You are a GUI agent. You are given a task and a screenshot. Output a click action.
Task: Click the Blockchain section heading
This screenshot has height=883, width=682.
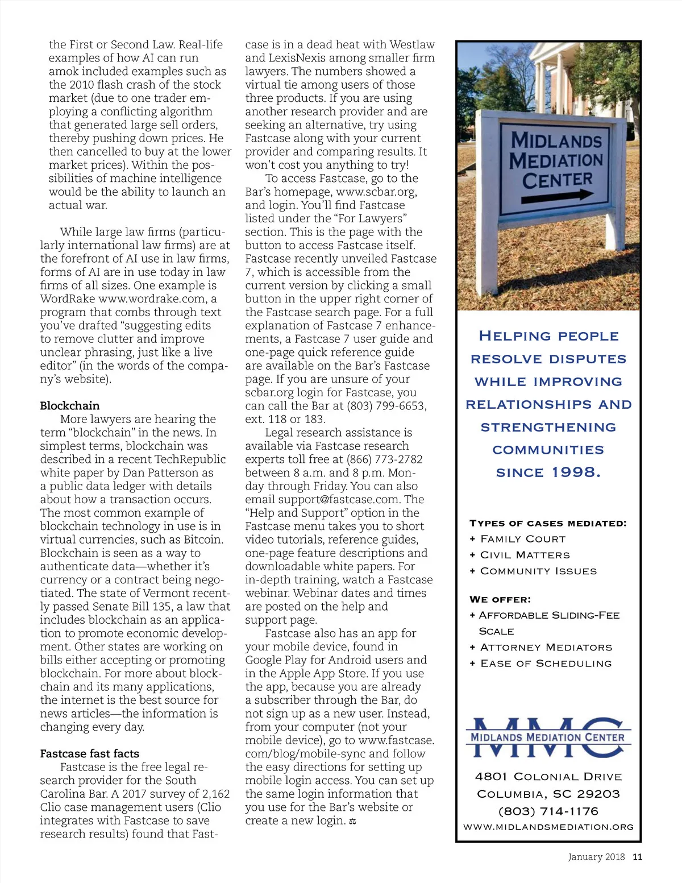click(69, 405)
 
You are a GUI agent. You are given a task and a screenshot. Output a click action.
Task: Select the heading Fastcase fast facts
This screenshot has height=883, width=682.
click(89, 753)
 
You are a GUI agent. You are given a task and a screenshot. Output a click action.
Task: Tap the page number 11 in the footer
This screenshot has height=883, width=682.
click(637, 857)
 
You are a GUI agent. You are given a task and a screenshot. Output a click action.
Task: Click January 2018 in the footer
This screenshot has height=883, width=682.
click(596, 857)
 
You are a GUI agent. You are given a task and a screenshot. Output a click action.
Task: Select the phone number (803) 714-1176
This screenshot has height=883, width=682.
click(548, 811)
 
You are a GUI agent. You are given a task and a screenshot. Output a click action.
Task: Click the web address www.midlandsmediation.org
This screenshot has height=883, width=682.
click(548, 827)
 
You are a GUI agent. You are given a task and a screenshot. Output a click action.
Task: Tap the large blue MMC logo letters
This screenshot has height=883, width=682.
click(548, 737)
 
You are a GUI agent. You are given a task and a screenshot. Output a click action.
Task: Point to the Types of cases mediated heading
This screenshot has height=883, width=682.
click(548, 523)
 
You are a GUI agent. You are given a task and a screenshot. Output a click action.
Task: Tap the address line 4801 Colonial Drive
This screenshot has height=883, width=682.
click(548, 777)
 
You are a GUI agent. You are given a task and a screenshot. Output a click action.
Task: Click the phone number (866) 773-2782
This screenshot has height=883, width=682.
click(381, 459)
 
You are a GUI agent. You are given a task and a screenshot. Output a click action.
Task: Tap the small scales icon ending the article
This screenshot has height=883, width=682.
click(352, 821)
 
